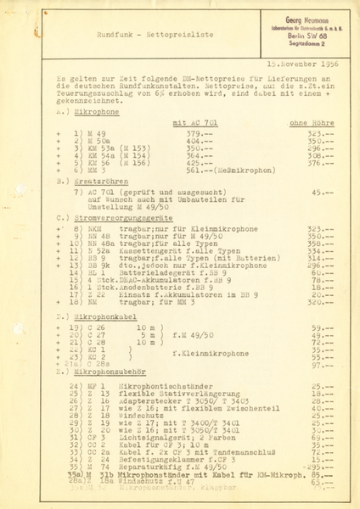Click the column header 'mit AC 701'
click(x=193, y=124)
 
